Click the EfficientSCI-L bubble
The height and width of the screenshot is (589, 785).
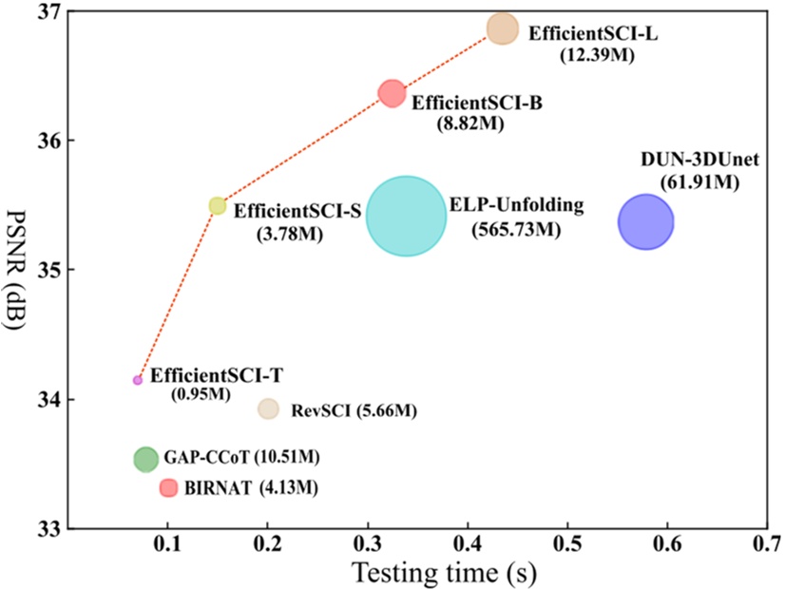[503, 28]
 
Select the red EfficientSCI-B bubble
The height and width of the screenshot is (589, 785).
[392, 93]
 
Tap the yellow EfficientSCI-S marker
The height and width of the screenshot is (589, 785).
[218, 205]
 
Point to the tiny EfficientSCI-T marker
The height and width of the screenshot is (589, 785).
[138, 379]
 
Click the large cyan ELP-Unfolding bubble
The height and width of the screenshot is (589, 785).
[406, 216]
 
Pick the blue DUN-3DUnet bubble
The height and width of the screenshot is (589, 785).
[645, 222]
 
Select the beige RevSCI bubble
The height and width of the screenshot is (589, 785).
[269, 408]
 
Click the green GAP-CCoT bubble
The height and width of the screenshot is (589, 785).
[145, 459]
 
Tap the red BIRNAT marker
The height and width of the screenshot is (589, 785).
[169, 487]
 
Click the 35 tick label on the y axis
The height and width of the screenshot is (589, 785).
[50, 270]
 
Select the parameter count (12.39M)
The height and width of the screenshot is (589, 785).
[597, 56]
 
